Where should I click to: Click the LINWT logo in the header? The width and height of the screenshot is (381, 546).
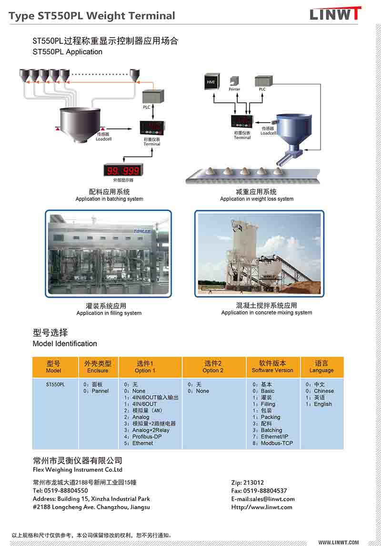click(335, 14)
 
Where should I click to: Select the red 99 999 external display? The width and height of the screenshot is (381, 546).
click(123, 170)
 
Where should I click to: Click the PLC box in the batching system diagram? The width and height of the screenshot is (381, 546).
click(154, 97)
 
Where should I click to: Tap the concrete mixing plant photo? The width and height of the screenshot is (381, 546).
click(259, 253)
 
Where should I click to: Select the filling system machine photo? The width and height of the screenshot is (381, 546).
click(108, 254)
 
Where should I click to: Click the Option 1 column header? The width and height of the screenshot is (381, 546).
click(145, 367)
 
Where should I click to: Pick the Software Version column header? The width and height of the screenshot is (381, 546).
click(272, 367)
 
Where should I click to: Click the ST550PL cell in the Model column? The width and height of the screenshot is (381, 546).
click(55, 384)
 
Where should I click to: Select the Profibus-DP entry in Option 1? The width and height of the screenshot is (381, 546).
click(147, 437)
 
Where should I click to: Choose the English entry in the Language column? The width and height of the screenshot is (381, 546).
click(322, 404)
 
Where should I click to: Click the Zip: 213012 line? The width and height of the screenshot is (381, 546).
click(248, 482)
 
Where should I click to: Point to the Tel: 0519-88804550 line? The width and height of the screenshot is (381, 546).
click(60, 490)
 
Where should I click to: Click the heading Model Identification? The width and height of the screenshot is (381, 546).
click(65, 343)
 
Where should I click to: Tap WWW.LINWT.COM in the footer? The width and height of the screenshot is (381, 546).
click(339, 542)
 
